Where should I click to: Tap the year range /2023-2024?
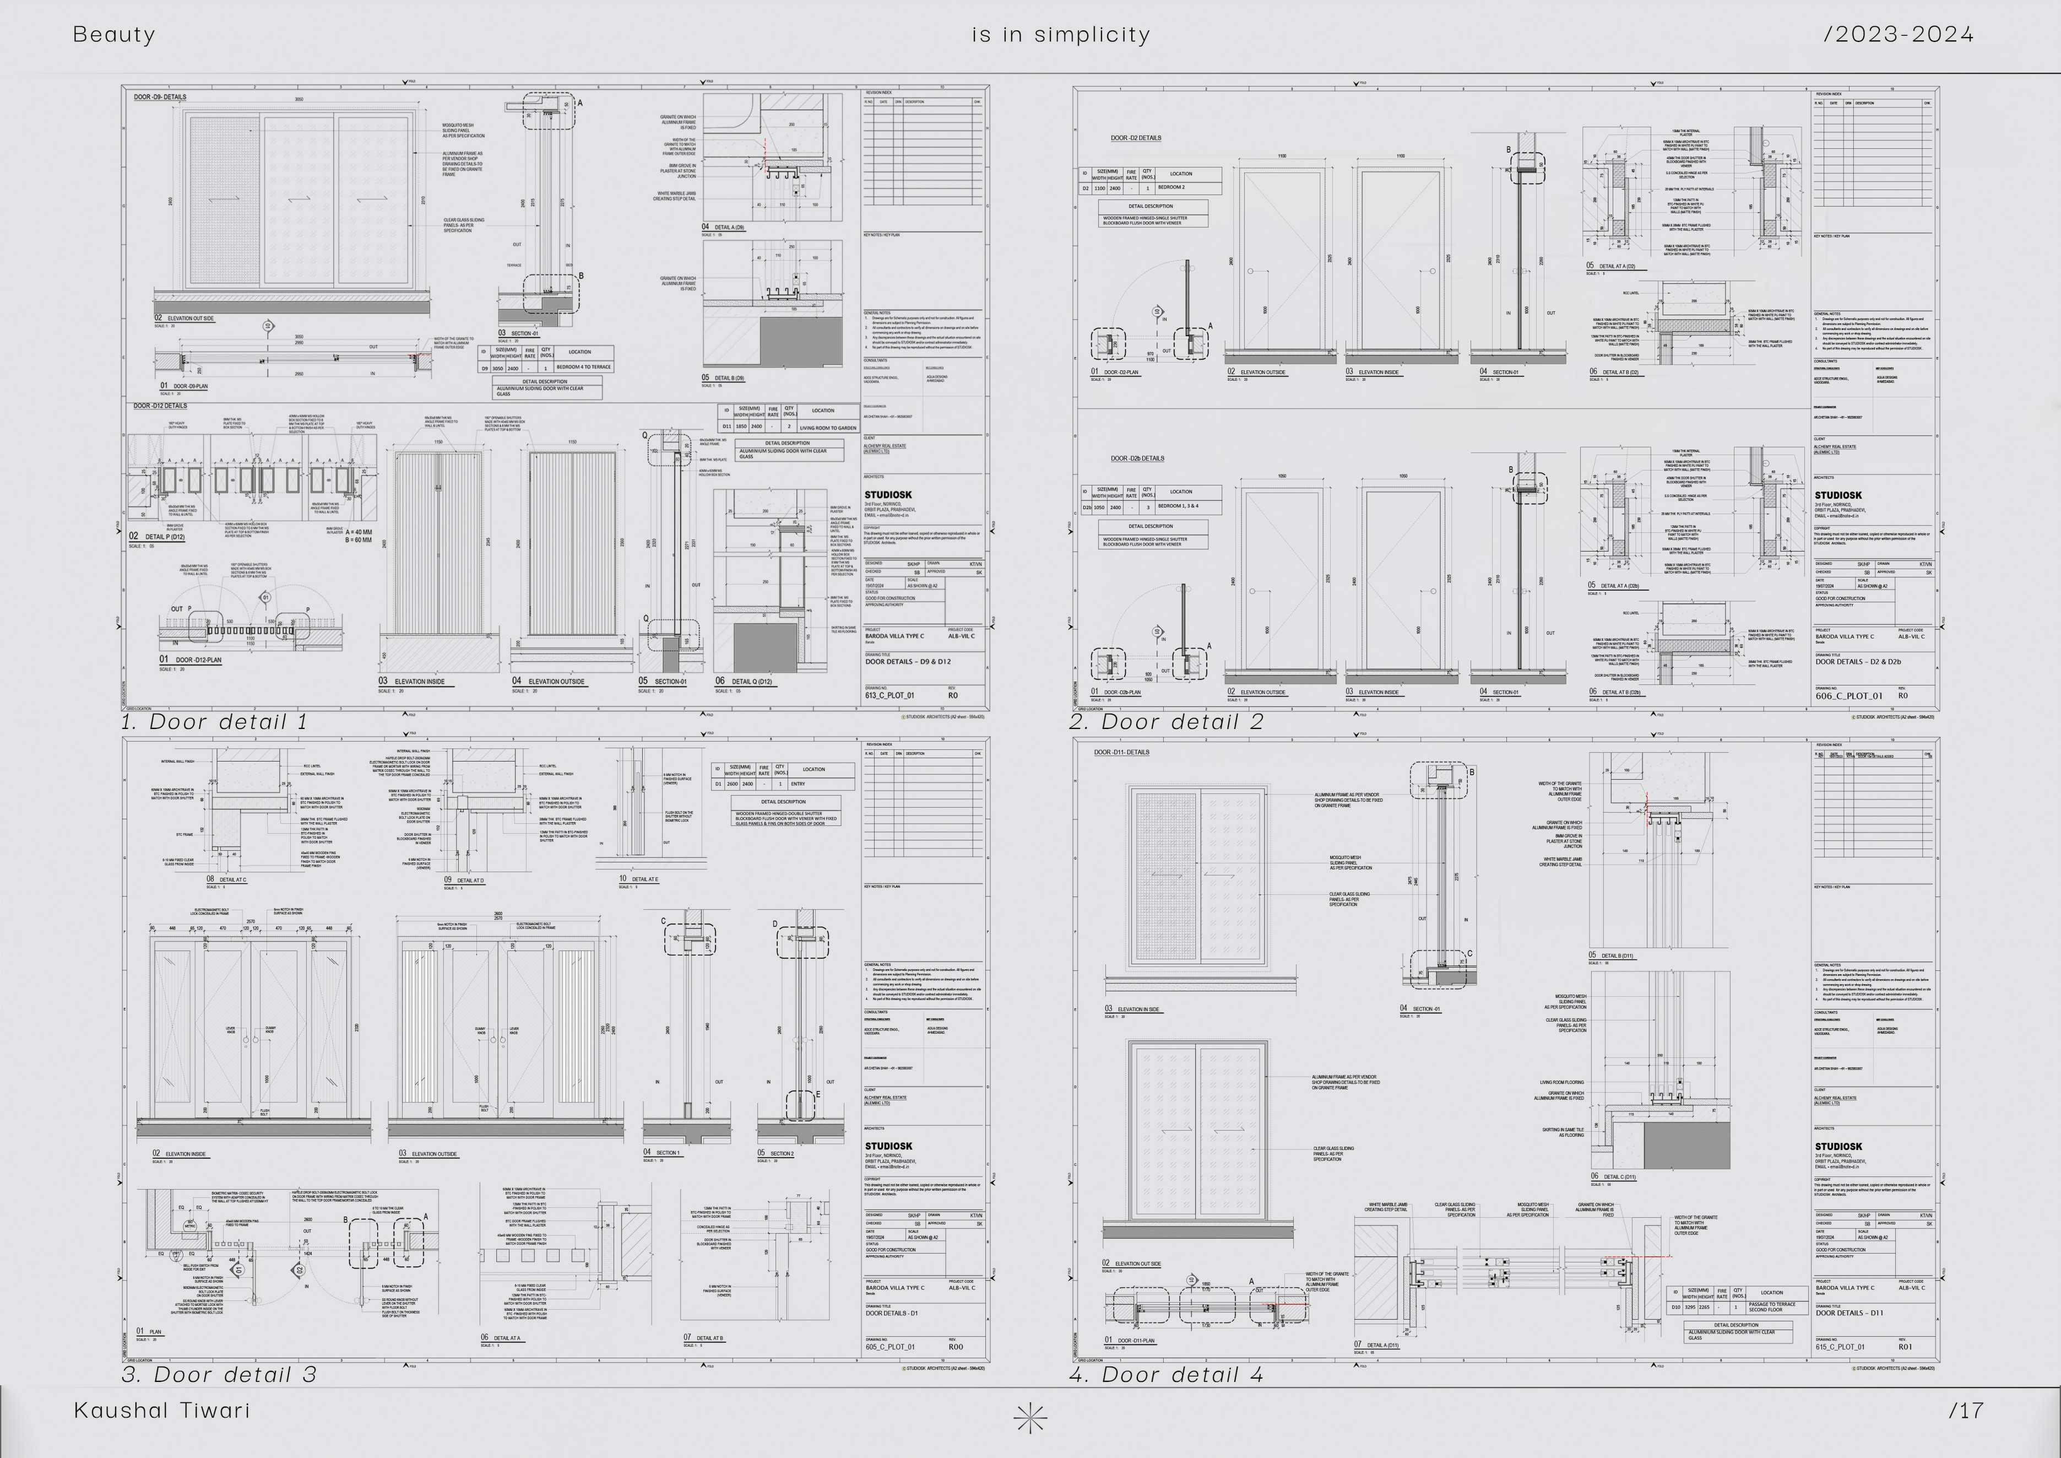(x=1899, y=35)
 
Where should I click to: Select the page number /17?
(x=1966, y=1411)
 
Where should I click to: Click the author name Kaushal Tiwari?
(x=161, y=1411)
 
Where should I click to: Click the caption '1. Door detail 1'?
(x=215, y=722)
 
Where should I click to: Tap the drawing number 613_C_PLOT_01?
(x=890, y=695)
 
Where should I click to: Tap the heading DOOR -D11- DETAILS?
(x=1121, y=752)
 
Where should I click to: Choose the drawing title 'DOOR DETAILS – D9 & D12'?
(x=908, y=662)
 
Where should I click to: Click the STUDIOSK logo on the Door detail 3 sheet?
(x=888, y=1147)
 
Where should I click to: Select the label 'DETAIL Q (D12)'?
(x=751, y=682)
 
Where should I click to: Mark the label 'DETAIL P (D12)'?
(x=164, y=537)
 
